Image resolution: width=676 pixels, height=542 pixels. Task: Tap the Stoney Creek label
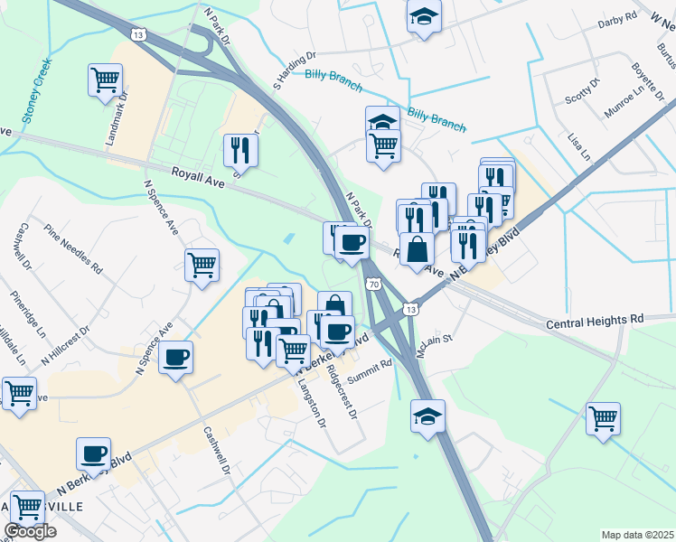(35, 91)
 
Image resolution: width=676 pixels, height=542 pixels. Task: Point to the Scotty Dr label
(582, 93)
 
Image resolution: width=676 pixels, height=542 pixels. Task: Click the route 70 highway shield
(373, 285)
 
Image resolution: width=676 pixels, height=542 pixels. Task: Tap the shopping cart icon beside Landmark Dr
(106, 79)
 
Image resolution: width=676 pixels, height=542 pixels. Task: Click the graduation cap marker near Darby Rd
(423, 17)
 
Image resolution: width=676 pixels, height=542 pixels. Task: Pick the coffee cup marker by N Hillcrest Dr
(176, 355)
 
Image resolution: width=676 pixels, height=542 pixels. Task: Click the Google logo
(30, 532)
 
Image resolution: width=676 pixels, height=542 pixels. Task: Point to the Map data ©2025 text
(637, 535)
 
